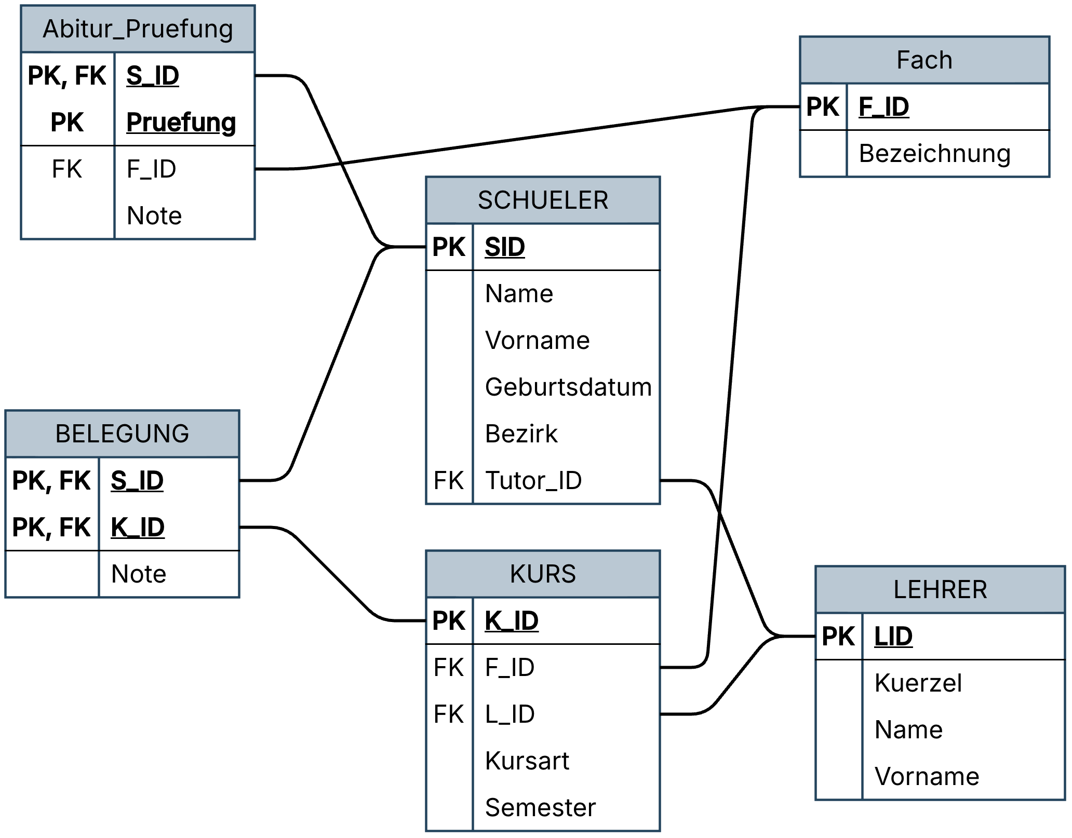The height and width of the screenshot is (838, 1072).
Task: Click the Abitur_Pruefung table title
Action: tap(138, 29)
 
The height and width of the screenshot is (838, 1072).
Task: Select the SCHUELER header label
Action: tap(543, 200)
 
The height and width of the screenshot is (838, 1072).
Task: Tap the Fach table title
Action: tap(924, 60)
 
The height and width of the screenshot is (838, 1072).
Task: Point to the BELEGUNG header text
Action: tap(122, 434)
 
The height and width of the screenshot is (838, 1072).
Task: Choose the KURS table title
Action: tap(543, 574)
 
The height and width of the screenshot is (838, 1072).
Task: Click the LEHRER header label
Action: tap(940, 590)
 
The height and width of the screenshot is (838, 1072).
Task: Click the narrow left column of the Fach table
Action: tap(824, 130)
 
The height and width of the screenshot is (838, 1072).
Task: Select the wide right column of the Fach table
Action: tap(948, 130)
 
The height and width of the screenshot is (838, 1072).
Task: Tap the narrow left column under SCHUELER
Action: tap(450, 363)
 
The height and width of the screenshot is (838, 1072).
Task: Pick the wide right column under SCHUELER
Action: tap(566, 363)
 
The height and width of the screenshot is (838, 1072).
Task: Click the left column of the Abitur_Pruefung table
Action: tap(68, 145)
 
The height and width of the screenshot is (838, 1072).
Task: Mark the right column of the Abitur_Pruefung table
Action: tap(184, 145)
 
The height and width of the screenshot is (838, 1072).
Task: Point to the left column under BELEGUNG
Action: tap(52, 527)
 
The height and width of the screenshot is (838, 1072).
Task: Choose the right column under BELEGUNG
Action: tap(169, 527)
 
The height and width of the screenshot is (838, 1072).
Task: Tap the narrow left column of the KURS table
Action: tap(450, 714)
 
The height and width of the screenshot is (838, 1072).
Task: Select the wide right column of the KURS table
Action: tap(566, 714)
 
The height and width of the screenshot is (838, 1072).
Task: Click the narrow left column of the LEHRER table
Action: tap(839, 706)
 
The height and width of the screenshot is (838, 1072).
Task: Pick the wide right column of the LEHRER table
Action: tap(963, 706)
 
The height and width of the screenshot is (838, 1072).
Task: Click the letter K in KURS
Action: tap(516, 574)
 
